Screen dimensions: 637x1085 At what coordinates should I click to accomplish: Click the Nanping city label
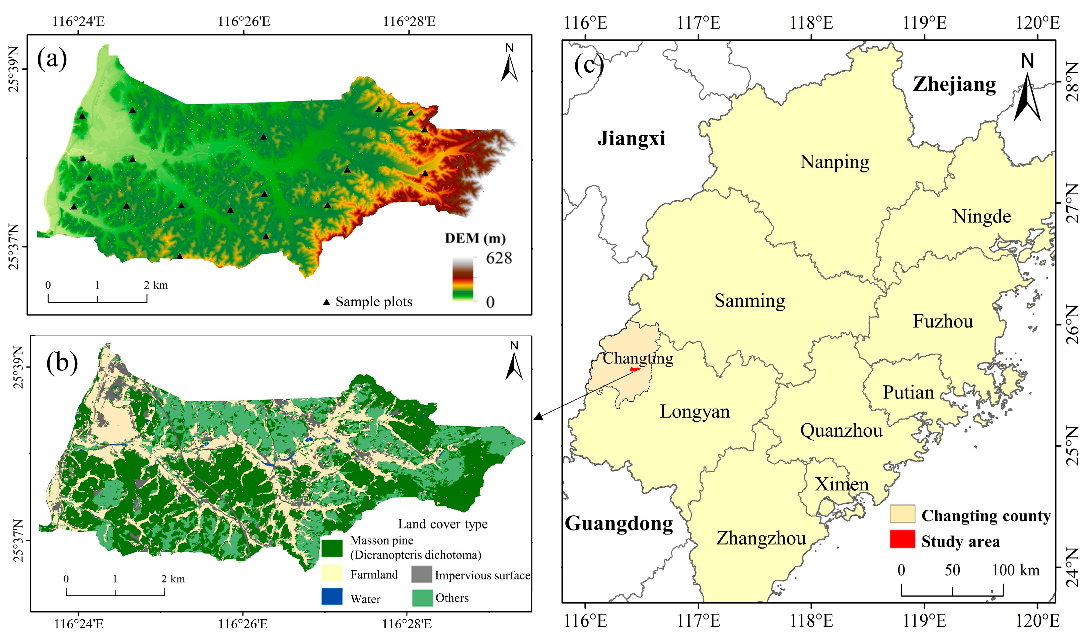click(x=835, y=162)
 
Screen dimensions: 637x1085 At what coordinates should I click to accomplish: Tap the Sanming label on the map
click(x=749, y=301)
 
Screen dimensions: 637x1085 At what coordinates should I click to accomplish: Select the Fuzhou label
click(x=942, y=321)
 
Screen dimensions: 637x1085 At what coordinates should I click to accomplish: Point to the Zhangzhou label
click(x=761, y=539)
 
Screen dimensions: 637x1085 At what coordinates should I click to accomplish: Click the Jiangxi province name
click(x=631, y=139)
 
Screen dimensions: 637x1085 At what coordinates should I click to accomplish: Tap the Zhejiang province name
click(x=954, y=84)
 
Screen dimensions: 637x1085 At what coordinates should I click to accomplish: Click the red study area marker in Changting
click(x=634, y=369)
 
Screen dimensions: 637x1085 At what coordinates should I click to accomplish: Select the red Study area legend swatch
click(x=902, y=539)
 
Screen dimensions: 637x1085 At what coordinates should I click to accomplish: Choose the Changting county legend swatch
click(x=902, y=514)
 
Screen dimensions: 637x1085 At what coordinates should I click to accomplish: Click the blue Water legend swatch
click(x=332, y=596)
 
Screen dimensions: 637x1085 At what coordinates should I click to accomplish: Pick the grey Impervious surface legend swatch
click(x=422, y=574)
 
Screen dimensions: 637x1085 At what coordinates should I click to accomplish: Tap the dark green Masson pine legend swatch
click(x=332, y=548)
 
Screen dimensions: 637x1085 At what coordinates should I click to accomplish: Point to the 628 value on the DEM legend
click(x=499, y=258)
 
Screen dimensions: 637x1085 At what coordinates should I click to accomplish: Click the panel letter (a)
click(x=52, y=59)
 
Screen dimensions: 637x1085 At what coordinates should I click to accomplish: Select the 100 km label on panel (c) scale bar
click(x=1015, y=570)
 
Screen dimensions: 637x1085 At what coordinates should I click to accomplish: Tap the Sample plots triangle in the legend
click(x=327, y=302)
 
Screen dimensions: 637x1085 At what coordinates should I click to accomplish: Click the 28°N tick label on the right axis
click(x=1072, y=82)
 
